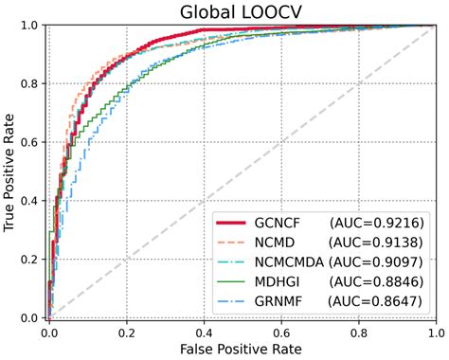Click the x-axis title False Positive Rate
(x=242, y=350)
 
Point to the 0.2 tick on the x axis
(x=126, y=332)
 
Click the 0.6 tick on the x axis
(x=281, y=332)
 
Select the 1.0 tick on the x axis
(x=435, y=332)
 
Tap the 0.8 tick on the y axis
(x=30, y=84)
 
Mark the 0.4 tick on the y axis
(x=30, y=202)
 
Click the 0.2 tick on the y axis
(x=30, y=261)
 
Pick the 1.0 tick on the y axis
(x=30, y=26)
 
